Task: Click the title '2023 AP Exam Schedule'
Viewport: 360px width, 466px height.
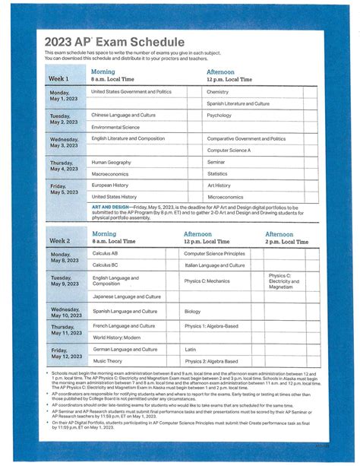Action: pos(114,41)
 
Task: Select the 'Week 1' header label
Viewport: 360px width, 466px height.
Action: pos(58,78)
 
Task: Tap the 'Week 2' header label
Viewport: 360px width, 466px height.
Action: pos(59,240)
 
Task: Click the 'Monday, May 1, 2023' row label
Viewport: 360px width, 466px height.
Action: pos(65,96)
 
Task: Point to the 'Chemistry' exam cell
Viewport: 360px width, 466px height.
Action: pos(217,91)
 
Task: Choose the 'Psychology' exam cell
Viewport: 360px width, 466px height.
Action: pos(219,116)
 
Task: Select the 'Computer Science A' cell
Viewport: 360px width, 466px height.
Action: pos(229,151)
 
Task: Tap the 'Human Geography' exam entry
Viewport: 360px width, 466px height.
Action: pos(111,163)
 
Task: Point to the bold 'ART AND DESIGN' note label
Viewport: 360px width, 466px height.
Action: pos(109,205)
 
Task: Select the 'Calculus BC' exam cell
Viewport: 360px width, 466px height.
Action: pos(106,265)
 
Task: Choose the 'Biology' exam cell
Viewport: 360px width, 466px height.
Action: pos(192,311)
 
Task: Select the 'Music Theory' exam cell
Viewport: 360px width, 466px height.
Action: pos(108,361)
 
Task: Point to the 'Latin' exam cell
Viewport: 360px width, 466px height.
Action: pos(190,350)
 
